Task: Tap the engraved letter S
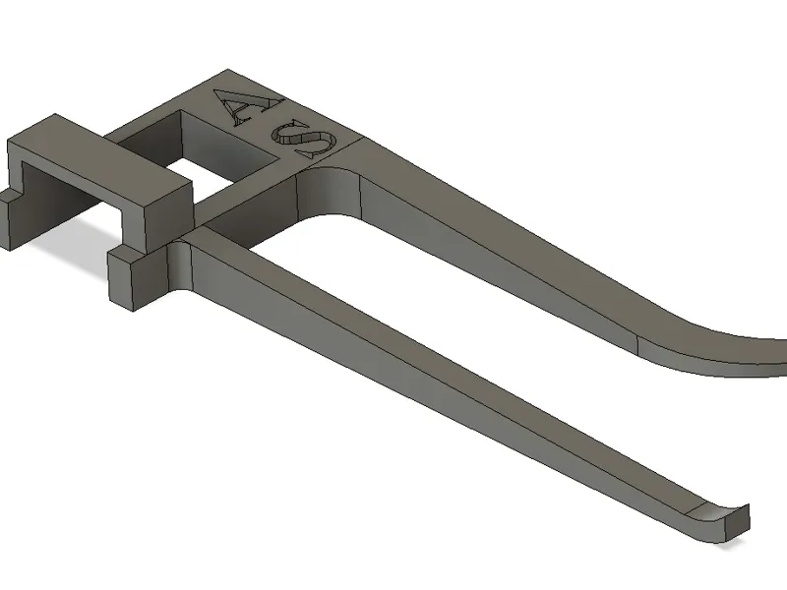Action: (304, 142)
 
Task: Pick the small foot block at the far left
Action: (11, 218)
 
